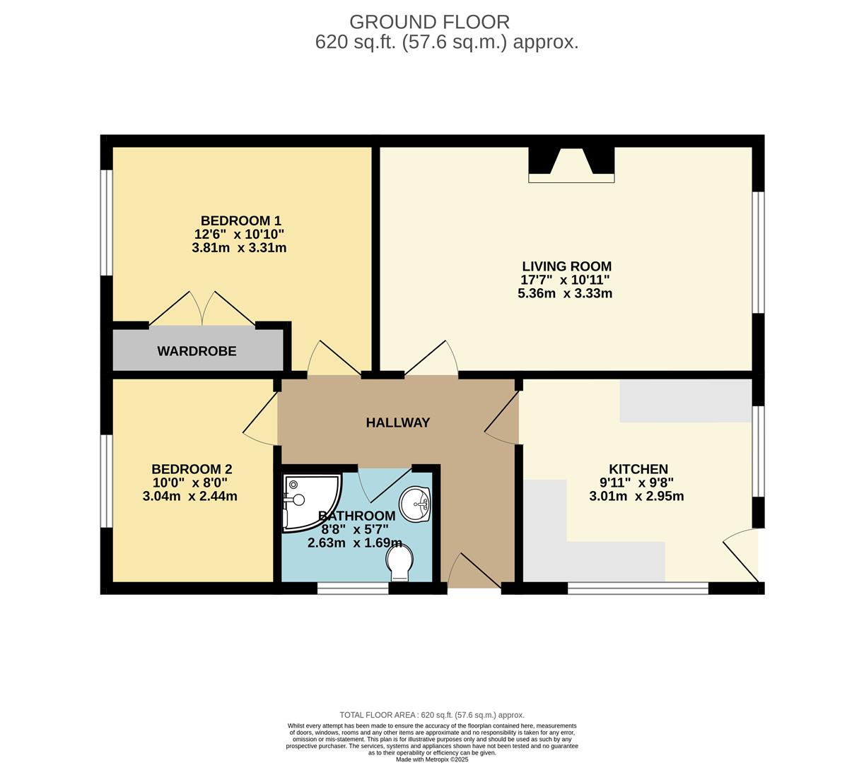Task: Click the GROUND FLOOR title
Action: tap(429, 22)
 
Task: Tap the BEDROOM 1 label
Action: tap(241, 221)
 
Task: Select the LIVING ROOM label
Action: tap(567, 266)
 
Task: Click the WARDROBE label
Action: tap(197, 351)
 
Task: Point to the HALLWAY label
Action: tap(398, 422)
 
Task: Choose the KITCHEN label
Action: tap(638, 469)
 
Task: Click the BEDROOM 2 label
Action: tap(192, 469)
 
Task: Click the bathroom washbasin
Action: tap(415, 504)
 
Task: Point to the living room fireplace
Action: tap(571, 165)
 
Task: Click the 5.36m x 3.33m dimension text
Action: tap(565, 293)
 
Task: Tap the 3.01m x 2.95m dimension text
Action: tap(637, 496)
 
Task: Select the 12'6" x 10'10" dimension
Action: tap(239, 234)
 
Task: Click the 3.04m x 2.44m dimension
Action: tap(190, 496)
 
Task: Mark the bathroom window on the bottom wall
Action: tap(353, 588)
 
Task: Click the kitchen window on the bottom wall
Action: tap(638, 588)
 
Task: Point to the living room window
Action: tap(758, 253)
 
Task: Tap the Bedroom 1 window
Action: tap(107, 223)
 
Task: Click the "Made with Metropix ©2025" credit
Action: tap(432, 759)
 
